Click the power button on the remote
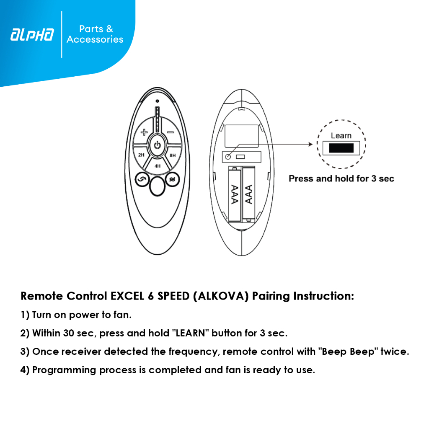pyautogui.click(x=157, y=145)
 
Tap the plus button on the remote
pyautogui.click(x=145, y=133)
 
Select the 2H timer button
pyautogui.click(x=141, y=155)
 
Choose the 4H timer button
pyautogui.click(x=158, y=166)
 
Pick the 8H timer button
pyautogui.click(x=173, y=155)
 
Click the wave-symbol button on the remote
pyautogui.click(x=172, y=179)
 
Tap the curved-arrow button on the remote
pyautogui.click(x=142, y=179)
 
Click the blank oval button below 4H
pyautogui.click(x=157, y=186)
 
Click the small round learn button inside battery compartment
pyautogui.click(x=228, y=157)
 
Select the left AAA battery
pyautogui.click(x=235, y=194)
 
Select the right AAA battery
pyautogui.click(x=249, y=194)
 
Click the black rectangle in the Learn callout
pyautogui.click(x=341, y=148)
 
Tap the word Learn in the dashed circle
pyautogui.click(x=341, y=135)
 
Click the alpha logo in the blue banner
pyautogui.click(x=32, y=35)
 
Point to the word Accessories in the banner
pyautogui.click(x=95, y=39)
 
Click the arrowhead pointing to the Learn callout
pyautogui.click(x=310, y=144)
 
